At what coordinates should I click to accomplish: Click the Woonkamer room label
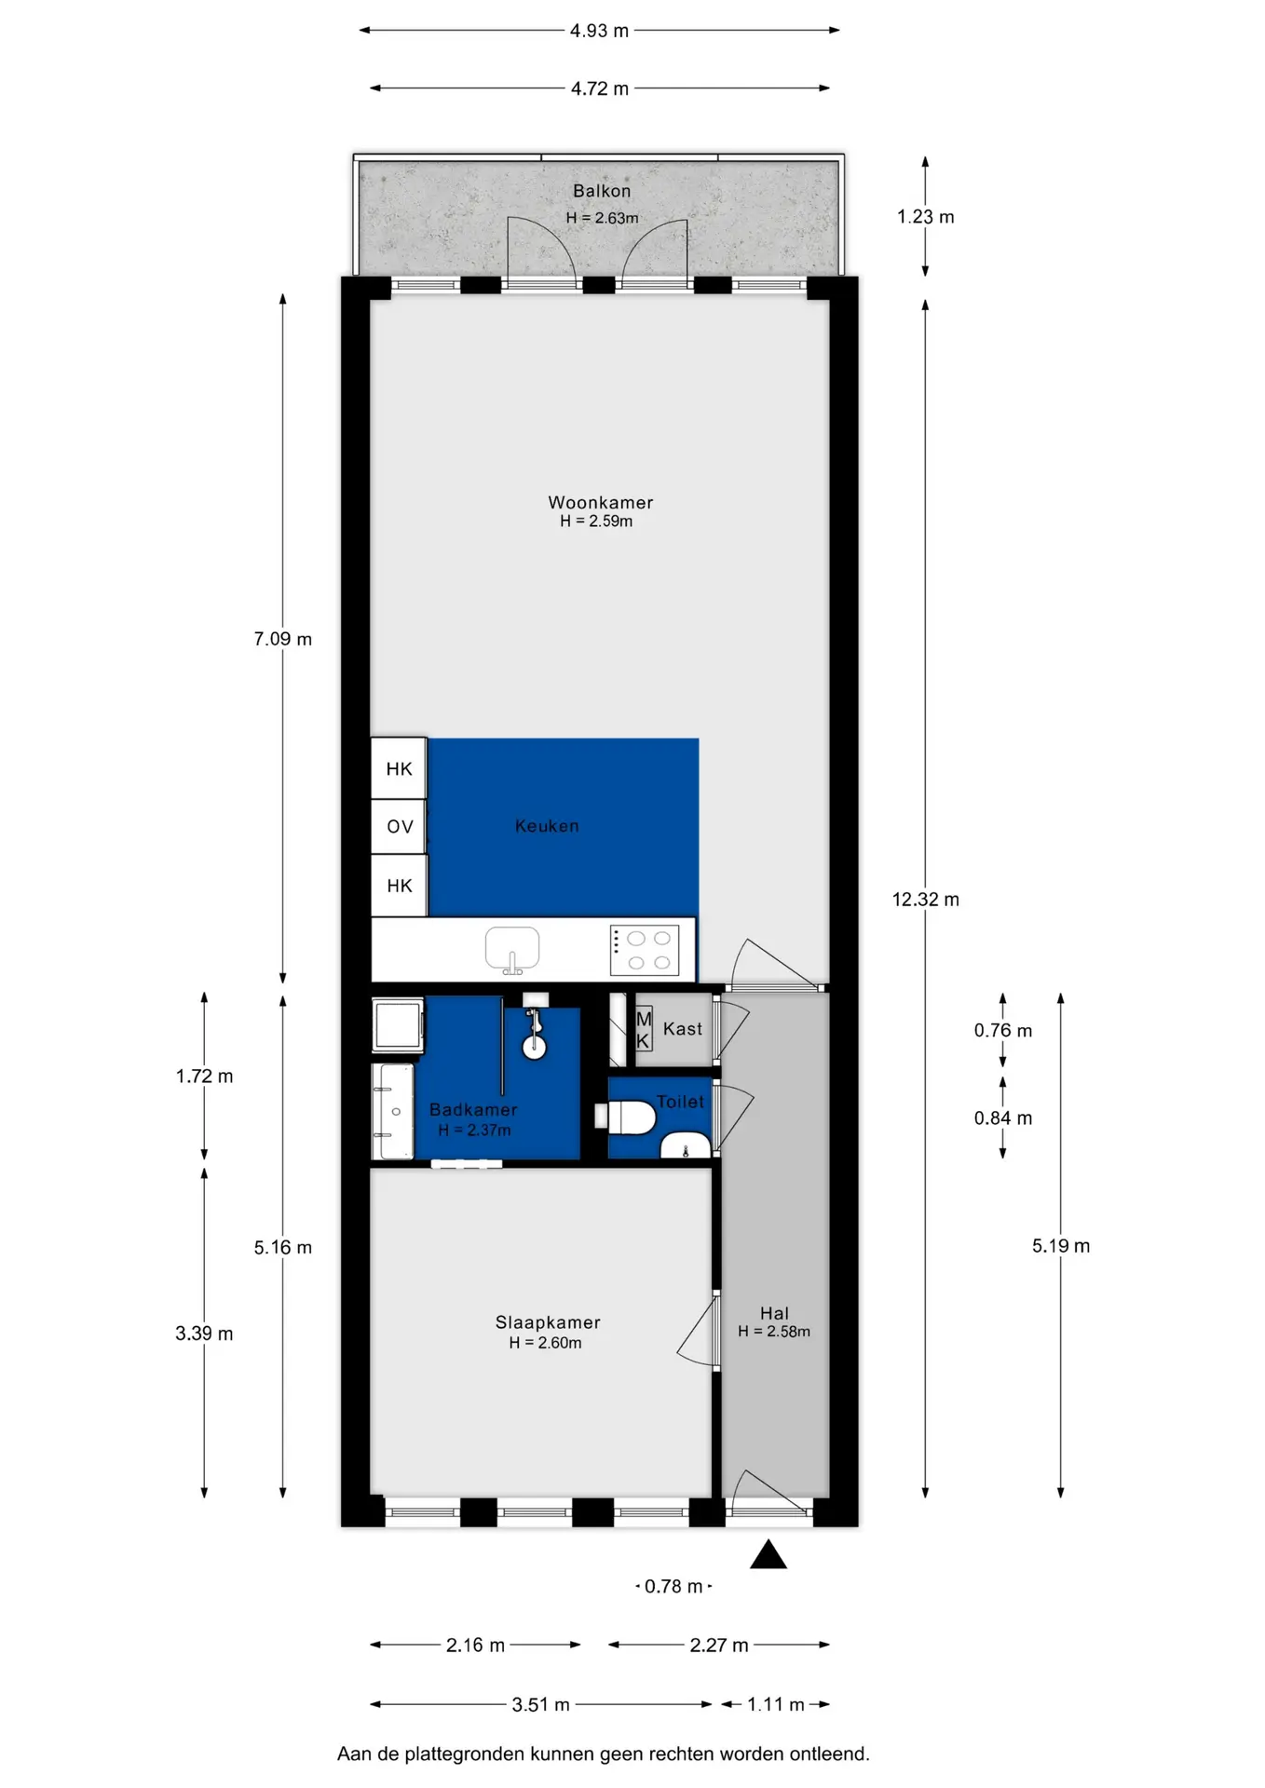(x=601, y=503)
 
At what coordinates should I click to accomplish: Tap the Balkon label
(x=602, y=191)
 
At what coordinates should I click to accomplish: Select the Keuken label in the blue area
(x=547, y=826)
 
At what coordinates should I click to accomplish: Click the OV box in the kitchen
(x=400, y=827)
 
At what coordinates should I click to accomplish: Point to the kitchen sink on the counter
(x=512, y=950)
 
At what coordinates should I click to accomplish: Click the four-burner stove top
(x=645, y=951)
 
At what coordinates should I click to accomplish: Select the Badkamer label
(x=473, y=1110)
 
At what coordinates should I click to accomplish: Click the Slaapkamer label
(x=548, y=1322)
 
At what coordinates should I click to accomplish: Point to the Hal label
(x=774, y=1313)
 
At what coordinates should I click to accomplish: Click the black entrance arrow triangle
(x=769, y=1554)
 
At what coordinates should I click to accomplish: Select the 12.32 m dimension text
(x=926, y=900)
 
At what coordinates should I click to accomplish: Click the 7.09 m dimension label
(x=283, y=639)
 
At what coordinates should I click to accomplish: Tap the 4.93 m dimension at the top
(x=600, y=31)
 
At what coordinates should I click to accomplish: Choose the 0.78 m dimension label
(x=673, y=1586)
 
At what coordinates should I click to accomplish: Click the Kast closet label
(x=683, y=1029)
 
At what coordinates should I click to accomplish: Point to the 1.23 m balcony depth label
(x=926, y=217)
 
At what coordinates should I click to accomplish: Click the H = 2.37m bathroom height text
(x=474, y=1131)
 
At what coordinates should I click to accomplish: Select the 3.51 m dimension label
(x=540, y=1705)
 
